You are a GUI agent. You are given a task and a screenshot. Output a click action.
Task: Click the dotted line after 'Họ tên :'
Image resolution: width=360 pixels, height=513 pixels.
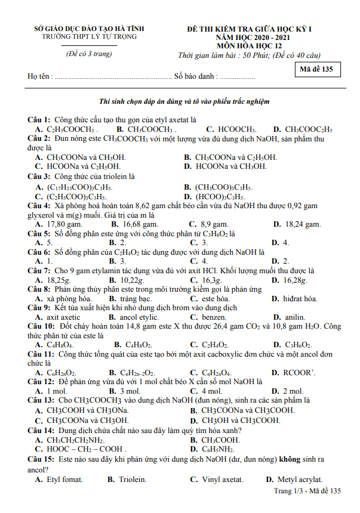point(113,77)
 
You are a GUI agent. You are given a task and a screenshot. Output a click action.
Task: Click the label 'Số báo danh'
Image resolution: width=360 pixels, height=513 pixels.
point(194,77)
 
